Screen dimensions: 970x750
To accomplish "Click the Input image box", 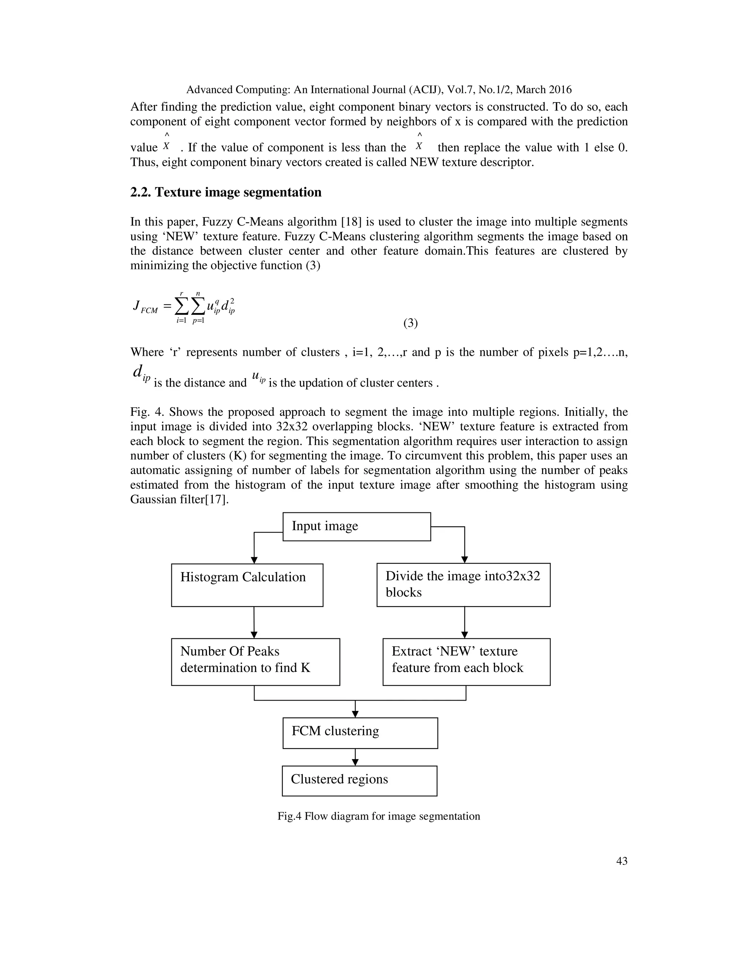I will (356, 526).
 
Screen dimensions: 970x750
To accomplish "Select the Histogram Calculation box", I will (247, 585).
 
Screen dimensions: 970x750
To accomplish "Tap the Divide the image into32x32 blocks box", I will (463, 585).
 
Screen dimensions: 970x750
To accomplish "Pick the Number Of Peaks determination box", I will (256, 662).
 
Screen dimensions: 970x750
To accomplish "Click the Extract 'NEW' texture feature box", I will (466, 662).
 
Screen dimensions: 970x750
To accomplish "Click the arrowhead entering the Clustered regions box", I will (355, 762).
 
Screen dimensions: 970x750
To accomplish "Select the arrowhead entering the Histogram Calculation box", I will (254, 560).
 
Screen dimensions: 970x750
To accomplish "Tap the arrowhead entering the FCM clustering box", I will (355, 714).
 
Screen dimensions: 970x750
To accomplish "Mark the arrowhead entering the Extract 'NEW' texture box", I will (464, 635).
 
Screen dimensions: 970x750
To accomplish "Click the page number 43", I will (621, 861).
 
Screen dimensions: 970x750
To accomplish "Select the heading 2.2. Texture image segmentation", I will (226, 192).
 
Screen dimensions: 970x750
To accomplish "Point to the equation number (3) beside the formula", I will (410, 323).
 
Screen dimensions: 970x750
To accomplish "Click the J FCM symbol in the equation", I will (145, 307).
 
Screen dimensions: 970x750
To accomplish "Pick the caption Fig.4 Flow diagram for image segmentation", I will (379, 816).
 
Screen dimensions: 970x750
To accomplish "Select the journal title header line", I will (379, 90).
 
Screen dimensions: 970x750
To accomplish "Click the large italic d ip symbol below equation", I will (141, 372).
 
